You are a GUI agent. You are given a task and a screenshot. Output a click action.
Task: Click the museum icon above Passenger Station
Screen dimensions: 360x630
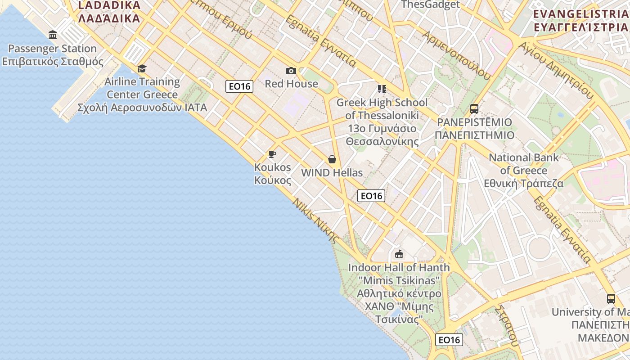coord(53,35)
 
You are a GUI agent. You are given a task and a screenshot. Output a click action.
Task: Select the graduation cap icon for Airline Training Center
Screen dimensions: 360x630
coord(142,68)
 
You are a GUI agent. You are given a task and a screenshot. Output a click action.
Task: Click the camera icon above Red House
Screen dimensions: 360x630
coord(291,71)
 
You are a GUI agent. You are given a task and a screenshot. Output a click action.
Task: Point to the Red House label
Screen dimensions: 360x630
coord(291,84)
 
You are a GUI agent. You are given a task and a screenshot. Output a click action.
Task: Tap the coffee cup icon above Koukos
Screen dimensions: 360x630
coord(272,154)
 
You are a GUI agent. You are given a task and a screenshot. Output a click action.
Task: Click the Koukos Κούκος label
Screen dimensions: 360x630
coord(273,174)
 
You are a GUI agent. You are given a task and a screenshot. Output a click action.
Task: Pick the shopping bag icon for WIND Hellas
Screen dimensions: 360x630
coord(332,159)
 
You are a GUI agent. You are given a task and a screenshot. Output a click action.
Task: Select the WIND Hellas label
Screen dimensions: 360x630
coord(332,172)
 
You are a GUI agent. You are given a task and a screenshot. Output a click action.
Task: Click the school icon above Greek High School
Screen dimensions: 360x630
coord(382,89)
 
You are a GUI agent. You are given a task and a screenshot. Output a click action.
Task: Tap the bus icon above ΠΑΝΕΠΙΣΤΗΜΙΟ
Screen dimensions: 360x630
coord(474,108)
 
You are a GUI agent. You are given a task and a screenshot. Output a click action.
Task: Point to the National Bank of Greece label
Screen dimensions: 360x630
coord(524,171)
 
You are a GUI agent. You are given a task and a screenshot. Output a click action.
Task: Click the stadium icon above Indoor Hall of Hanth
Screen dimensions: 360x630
coord(399,254)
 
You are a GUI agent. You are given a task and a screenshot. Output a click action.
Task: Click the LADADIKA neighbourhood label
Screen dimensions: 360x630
coord(109,12)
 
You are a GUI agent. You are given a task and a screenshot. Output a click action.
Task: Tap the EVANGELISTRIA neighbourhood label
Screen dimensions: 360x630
coord(580,20)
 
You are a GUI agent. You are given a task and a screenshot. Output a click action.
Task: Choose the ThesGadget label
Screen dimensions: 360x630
coord(430,4)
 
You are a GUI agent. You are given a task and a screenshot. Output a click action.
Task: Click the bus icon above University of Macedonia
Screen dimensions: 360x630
coord(611,298)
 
